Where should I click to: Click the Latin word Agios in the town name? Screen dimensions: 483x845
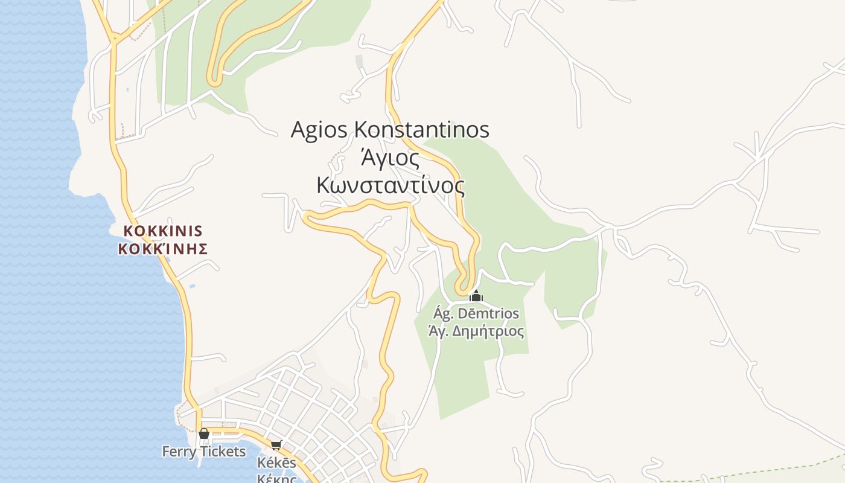tap(319, 130)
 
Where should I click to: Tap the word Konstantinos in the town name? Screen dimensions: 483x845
tap(421, 129)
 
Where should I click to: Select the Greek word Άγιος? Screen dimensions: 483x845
tap(390, 158)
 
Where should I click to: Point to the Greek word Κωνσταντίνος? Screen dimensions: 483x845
tap(391, 185)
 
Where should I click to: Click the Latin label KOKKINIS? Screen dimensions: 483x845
tap(163, 231)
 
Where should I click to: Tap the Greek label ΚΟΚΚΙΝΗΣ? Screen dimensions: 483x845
tap(163, 249)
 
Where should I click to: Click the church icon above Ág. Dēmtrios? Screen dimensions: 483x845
tap(476, 296)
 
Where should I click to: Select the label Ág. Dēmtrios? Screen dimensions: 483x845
tap(476, 313)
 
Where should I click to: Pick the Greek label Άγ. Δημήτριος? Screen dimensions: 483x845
tap(476, 331)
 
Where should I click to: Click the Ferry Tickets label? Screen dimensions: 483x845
tap(204, 451)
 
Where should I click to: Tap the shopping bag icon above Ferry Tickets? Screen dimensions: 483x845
tap(204, 433)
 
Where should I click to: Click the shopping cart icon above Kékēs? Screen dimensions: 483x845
tap(276, 446)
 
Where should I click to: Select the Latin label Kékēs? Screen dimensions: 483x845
tap(276, 463)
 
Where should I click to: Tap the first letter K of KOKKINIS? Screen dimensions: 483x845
tap(128, 231)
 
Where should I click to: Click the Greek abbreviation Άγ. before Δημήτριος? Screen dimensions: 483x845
tap(438, 331)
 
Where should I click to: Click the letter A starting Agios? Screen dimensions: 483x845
tap(298, 130)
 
